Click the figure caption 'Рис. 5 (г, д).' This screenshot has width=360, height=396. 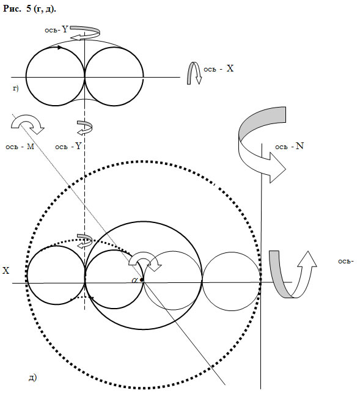(x=29, y=9)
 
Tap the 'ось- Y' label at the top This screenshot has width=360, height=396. (x=56, y=29)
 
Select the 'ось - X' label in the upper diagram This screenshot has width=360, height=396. (x=219, y=68)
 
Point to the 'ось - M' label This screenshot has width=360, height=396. (x=20, y=147)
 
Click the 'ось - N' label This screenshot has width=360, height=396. (x=289, y=146)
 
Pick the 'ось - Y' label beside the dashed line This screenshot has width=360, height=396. (x=68, y=146)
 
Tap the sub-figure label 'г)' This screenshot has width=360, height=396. (x=16, y=89)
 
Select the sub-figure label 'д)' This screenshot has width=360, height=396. (x=32, y=377)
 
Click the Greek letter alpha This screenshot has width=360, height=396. (x=135, y=280)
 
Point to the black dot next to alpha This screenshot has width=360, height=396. (x=142, y=280)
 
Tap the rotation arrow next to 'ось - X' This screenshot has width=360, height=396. (x=194, y=73)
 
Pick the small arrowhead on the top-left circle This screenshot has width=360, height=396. (x=60, y=47)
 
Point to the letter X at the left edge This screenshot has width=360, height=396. (x=6, y=271)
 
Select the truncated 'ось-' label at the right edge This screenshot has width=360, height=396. (x=345, y=261)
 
